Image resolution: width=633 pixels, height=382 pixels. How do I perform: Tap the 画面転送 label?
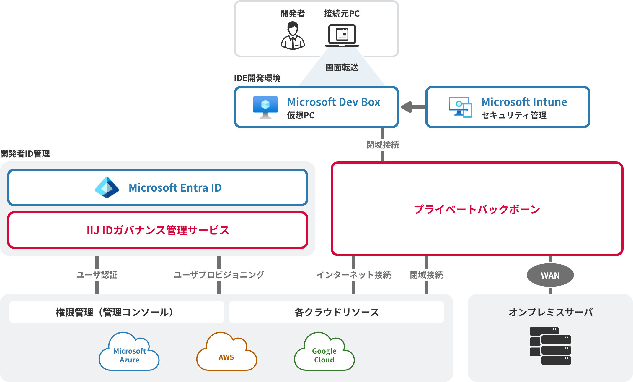(342, 68)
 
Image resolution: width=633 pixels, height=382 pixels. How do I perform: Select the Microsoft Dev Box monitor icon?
(265, 107)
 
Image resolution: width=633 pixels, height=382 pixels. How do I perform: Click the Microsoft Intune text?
(524, 102)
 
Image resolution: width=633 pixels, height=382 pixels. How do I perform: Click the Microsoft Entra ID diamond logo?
(107, 187)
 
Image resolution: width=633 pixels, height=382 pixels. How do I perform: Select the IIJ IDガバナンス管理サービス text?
(158, 230)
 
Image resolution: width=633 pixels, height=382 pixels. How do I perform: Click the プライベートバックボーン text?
(477, 209)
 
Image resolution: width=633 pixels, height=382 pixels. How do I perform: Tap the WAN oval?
(550, 275)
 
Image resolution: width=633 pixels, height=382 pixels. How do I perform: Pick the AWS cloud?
(226, 353)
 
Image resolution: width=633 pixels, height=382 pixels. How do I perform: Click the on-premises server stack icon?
(550, 346)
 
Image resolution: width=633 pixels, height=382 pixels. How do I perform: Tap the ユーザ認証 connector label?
(97, 275)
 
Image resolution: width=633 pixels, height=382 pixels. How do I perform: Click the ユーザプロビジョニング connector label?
(219, 275)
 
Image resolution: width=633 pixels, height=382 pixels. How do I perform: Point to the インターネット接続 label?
(353, 275)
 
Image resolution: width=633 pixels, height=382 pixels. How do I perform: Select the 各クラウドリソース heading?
(337, 312)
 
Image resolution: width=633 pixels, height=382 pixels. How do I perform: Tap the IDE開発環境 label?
(257, 78)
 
